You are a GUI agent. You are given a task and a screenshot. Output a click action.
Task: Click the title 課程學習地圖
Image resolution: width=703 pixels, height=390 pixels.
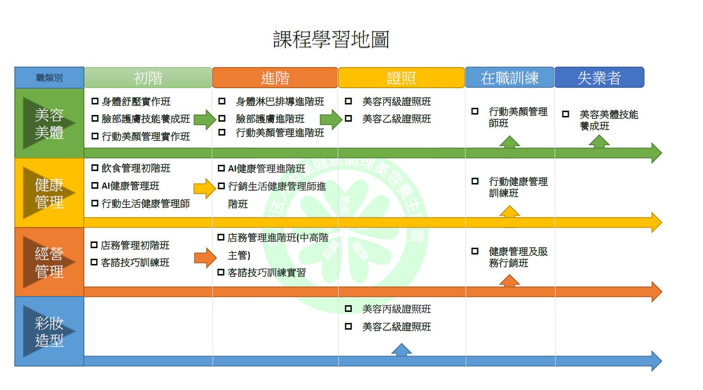point(331,39)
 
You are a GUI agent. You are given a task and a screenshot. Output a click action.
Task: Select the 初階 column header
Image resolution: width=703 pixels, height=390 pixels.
point(148,78)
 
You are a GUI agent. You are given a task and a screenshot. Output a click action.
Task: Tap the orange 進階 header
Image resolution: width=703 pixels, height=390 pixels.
point(275,78)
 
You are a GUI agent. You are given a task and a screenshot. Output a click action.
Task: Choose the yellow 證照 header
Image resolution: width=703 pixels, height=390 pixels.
point(401,78)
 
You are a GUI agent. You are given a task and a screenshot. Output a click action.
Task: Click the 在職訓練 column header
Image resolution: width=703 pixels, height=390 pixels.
point(509,78)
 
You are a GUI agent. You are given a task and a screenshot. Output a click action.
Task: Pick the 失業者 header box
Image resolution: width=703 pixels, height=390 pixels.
point(599,78)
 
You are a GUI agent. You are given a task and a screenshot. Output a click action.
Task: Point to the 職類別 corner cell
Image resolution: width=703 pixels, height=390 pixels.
point(49,78)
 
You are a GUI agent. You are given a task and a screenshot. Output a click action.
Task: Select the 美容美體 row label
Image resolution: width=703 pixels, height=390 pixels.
point(49,123)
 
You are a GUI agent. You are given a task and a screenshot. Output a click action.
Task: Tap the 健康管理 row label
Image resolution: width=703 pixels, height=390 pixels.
point(49,193)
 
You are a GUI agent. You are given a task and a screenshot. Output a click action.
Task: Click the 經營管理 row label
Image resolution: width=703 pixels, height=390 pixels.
point(49,262)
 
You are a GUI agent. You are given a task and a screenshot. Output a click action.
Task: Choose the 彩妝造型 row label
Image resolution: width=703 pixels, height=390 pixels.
point(49,331)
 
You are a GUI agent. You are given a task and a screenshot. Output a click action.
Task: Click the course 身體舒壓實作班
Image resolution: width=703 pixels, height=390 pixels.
point(136,102)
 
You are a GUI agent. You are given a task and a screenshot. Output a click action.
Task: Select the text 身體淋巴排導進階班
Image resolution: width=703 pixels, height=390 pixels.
point(280,102)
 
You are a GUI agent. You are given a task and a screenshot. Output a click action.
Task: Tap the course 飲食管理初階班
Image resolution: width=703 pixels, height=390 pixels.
point(136,168)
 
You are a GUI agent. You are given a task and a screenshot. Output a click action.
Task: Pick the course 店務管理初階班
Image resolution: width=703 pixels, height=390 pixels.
point(135,245)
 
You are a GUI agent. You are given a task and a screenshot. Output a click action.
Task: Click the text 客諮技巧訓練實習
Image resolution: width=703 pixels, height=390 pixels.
point(266,273)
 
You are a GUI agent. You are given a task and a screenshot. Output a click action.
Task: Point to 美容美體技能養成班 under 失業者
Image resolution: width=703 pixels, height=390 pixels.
point(609,120)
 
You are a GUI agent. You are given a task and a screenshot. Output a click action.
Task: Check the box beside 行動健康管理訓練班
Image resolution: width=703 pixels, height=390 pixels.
point(475,181)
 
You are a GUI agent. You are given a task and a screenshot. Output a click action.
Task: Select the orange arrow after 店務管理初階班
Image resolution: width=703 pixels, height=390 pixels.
point(205,258)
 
